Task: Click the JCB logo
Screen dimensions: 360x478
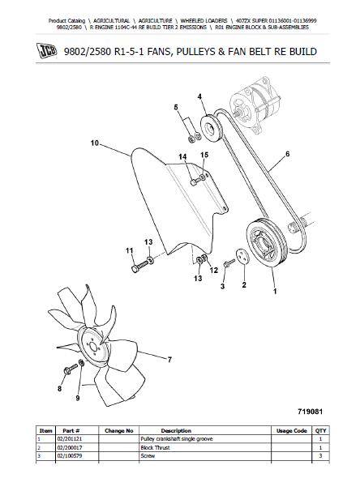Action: (46, 50)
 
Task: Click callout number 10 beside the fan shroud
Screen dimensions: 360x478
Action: (95, 143)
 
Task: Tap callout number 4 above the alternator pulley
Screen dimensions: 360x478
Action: (199, 96)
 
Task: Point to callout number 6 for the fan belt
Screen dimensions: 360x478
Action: (287, 154)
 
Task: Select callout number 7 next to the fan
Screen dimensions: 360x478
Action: (169, 360)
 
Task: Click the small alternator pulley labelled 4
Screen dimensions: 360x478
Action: (212, 128)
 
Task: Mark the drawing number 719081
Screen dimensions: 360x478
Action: (310, 412)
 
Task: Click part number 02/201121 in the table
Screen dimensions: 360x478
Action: (69, 439)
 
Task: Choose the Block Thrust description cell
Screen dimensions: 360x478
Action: (155, 447)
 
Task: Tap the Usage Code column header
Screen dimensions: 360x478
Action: (291, 431)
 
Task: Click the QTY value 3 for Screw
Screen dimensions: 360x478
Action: (320, 456)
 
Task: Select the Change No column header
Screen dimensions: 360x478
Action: (119, 431)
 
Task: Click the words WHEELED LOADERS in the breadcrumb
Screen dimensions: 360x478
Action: (204, 21)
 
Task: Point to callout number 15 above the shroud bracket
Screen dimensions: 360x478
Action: (204, 155)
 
